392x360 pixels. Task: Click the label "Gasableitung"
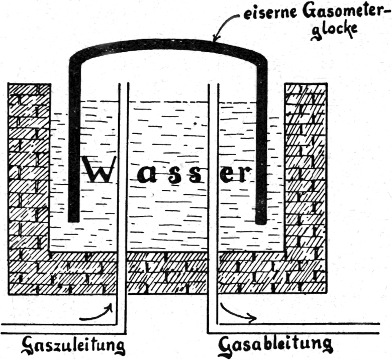click(x=275, y=345)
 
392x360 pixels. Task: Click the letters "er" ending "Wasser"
click(x=232, y=172)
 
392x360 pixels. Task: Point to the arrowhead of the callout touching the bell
click(x=215, y=39)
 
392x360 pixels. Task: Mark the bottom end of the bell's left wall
click(x=74, y=219)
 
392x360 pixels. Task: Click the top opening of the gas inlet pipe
click(x=123, y=84)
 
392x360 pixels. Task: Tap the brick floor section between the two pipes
click(x=168, y=274)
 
